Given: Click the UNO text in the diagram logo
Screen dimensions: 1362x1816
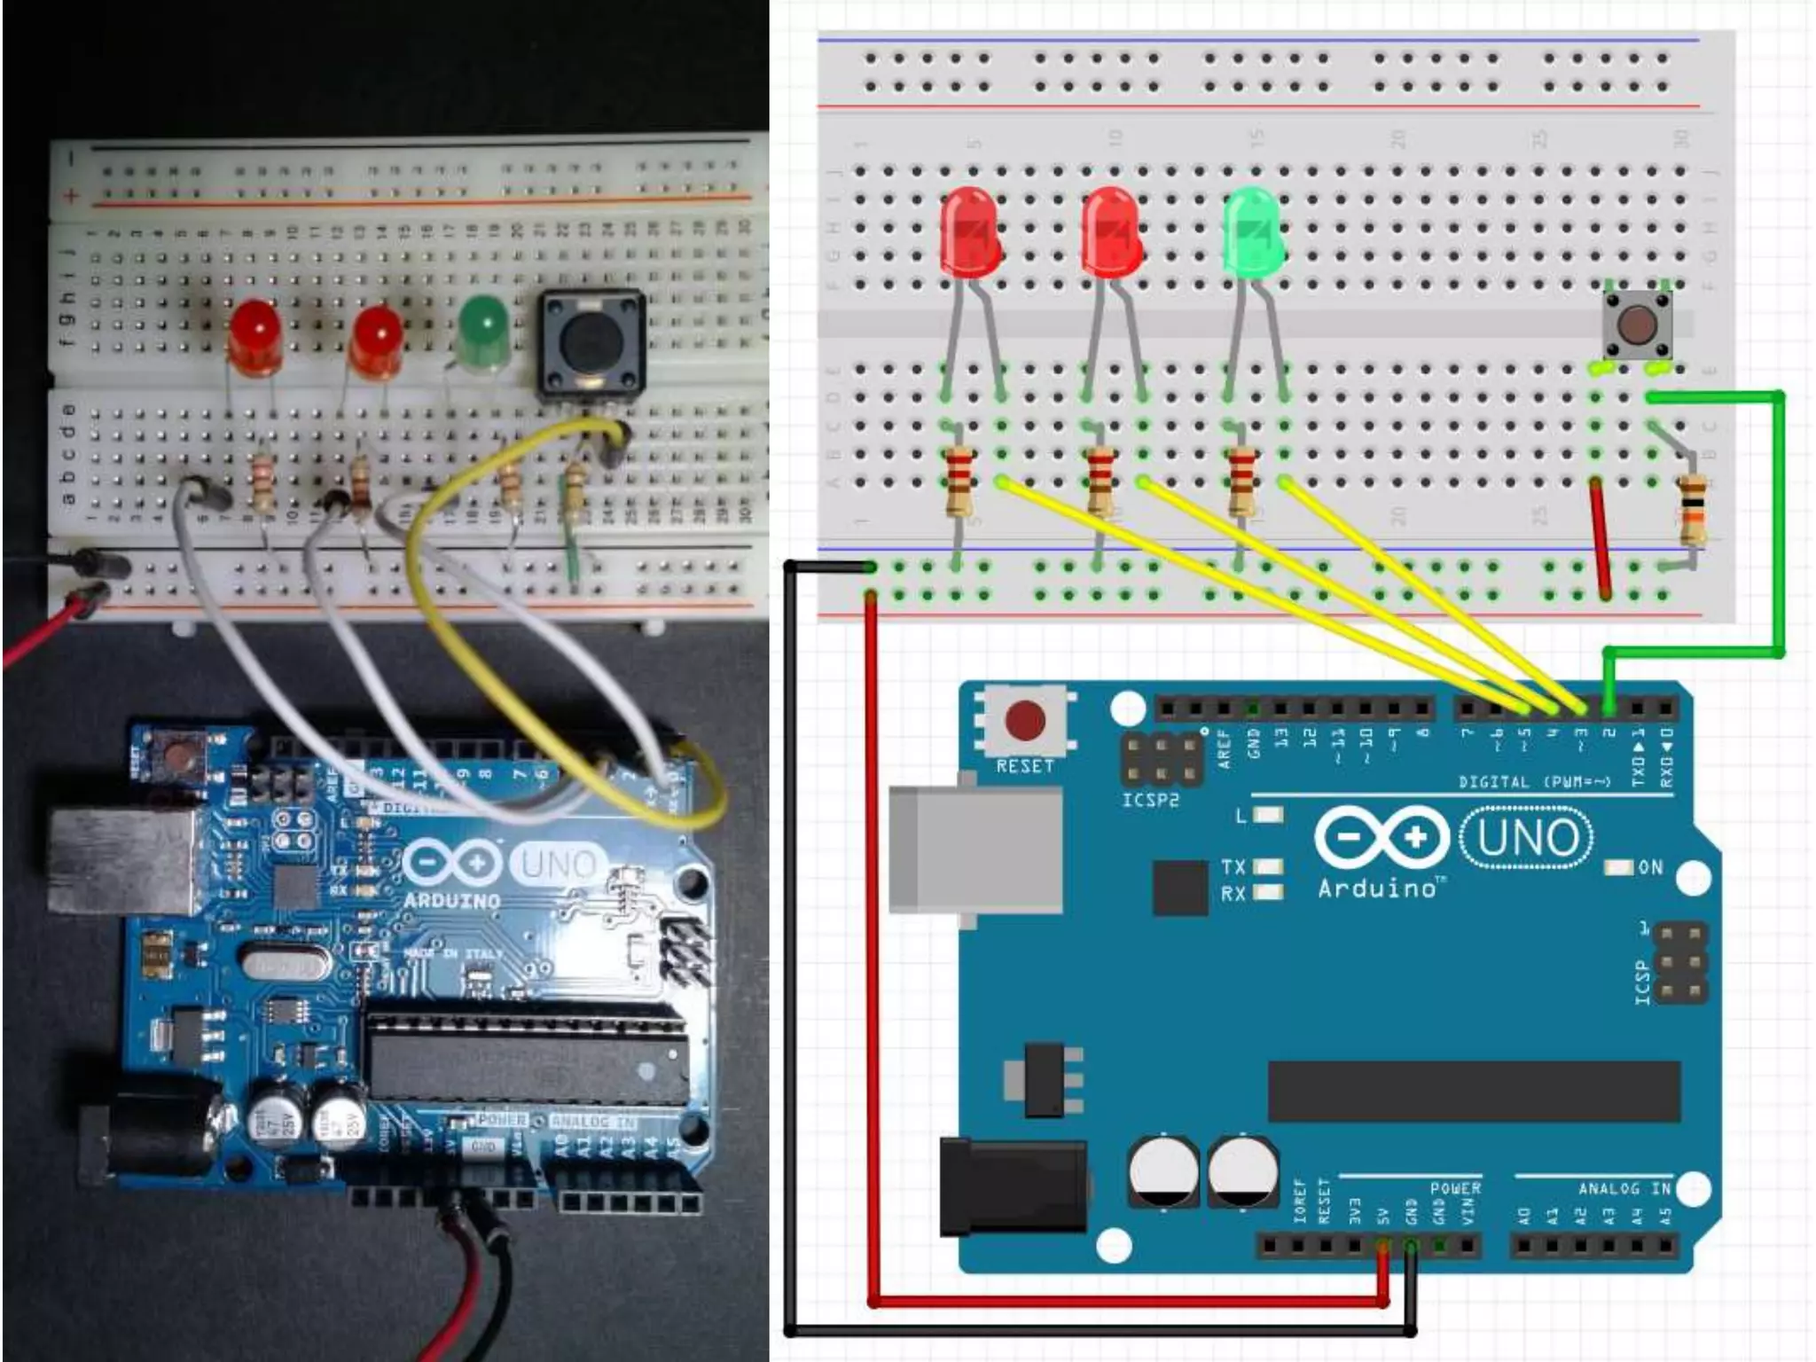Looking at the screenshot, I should click(1526, 838).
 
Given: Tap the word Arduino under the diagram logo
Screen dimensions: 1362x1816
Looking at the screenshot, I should click(1377, 888).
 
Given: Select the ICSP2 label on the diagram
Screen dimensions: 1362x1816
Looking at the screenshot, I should click(1150, 801).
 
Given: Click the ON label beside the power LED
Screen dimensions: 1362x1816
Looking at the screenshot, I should click(1650, 867).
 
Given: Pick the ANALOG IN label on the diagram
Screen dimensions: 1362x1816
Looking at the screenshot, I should click(1624, 1188).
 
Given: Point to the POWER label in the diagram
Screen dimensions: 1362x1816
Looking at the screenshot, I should click(1455, 1188).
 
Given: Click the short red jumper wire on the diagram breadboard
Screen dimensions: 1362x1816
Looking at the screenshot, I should click(1601, 538).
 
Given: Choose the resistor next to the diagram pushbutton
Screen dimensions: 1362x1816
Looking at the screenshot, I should click(1693, 509).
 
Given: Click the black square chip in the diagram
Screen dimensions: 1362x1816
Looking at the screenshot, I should click(1180, 888).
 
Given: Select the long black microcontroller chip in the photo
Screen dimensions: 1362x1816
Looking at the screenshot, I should click(528, 1058).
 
